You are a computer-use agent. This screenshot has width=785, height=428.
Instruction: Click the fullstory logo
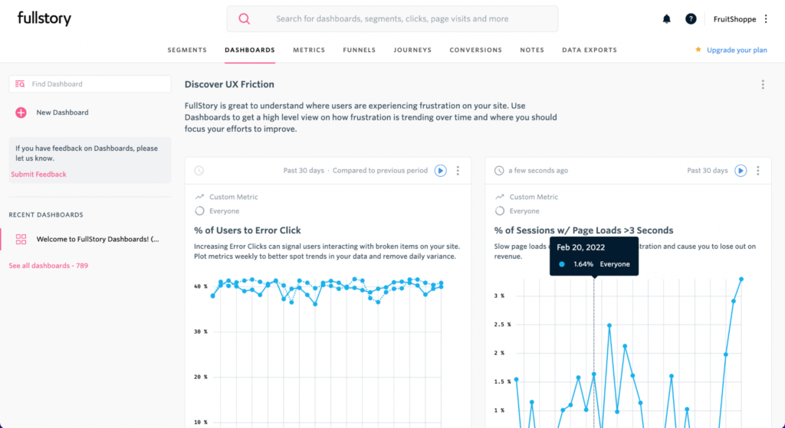pos(44,18)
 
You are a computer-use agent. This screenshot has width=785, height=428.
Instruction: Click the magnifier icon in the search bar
pos(244,19)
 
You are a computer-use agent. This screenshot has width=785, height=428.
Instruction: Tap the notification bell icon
pos(666,19)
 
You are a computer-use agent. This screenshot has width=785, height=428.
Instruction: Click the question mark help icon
pos(691,19)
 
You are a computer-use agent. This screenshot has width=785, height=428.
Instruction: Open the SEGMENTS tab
pos(187,51)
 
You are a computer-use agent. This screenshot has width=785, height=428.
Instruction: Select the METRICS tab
pos(309,51)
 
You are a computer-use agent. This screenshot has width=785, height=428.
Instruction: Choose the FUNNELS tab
pos(360,51)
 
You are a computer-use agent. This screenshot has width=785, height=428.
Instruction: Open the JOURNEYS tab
pos(412,51)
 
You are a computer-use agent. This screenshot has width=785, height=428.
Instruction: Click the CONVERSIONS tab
pos(475,51)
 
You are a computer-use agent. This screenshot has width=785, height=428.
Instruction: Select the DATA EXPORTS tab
pos(589,51)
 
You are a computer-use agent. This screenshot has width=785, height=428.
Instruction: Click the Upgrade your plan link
pos(736,51)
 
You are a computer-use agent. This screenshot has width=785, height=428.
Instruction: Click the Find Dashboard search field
pos(90,84)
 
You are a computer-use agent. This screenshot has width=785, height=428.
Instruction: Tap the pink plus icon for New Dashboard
pos(21,113)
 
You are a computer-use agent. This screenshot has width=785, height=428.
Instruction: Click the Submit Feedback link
pos(38,175)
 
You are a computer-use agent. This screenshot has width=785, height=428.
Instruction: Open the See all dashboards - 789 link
pos(48,266)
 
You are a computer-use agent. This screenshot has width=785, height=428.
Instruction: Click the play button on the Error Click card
pos(440,171)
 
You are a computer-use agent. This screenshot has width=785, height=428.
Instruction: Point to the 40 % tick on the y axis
pos(201,286)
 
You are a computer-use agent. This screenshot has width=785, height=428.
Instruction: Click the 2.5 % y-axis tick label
pos(499,325)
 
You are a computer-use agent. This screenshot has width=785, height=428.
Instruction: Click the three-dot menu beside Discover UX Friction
pos(762,84)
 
